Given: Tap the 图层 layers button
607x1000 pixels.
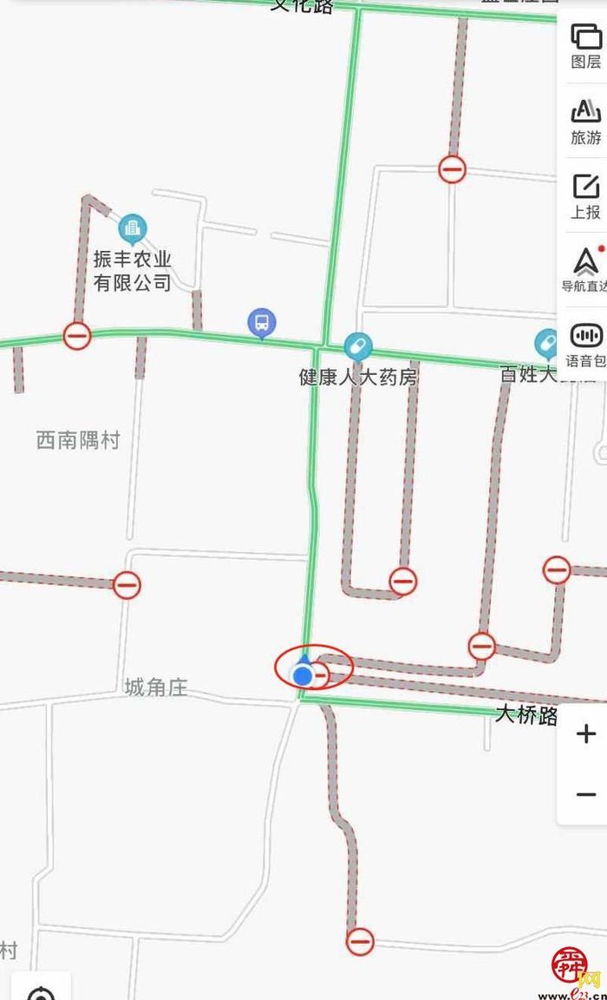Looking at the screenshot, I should [585, 45].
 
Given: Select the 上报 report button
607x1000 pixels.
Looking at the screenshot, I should [585, 195].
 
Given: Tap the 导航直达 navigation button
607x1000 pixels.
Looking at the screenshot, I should [585, 269].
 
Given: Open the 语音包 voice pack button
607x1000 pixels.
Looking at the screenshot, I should [585, 344].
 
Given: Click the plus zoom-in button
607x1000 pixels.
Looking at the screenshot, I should [585, 734].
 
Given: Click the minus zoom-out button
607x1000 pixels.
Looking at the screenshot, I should [585, 793].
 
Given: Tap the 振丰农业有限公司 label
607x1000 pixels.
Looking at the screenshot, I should [133, 271].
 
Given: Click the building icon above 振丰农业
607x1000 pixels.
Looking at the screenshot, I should [133, 229].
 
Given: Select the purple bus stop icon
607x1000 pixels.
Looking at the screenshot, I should [261, 324].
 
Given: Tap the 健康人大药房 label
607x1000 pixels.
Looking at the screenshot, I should [358, 378].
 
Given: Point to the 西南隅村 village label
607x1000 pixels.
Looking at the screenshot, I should [77, 440].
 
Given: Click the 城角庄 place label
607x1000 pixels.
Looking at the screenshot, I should [155, 688].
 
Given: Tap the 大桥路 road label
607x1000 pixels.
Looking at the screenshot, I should [526, 714].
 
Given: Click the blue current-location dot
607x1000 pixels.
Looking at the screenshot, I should [303, 675].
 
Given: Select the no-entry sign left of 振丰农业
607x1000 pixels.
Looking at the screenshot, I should [76, 335].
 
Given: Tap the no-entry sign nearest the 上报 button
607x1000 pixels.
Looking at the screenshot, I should [452, 168].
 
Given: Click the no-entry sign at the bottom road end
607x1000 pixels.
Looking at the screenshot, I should [360, 940].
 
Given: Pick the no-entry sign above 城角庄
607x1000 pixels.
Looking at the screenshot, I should [127, 585].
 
